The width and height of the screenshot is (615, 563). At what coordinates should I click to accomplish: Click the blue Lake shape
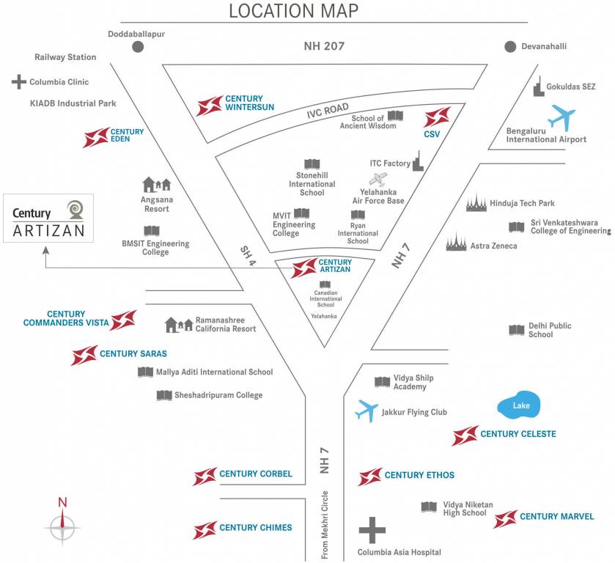pos(520,405)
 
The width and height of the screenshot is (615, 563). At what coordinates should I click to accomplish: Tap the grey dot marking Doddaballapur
pos(138,47)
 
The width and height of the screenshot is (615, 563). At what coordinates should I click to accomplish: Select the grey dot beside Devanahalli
pos(510,47)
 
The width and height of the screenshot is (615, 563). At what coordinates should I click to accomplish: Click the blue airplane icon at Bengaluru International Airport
pos(562,116)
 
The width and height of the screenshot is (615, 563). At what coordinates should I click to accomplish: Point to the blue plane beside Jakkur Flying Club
pos(367,411)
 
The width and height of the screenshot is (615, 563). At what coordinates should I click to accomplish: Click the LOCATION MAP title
pos(294,11)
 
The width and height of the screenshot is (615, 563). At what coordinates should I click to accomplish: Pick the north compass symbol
pos(62,522)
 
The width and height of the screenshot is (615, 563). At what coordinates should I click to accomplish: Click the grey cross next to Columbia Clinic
pos(19,82)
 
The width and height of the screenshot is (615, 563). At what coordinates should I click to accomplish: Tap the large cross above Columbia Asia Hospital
pos(372,530)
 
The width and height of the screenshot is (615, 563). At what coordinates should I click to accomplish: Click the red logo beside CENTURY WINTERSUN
pos(210,106)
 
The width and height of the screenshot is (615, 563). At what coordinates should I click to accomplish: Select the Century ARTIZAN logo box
pos(48,218)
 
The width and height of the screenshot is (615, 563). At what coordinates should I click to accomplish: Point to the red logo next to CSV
pos(438,117)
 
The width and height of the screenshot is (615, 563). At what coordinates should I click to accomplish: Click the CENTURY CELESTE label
pos(518,434)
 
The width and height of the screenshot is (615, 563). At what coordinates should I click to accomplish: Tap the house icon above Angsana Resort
pos(156,184)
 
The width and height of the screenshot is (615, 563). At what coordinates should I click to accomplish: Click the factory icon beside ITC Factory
pos(418,161)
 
